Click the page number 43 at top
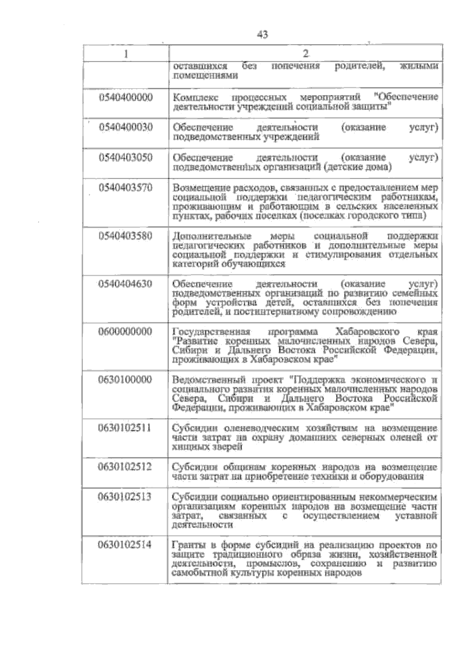(263, 35)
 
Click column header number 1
(126, 53)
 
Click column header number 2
(306, 53)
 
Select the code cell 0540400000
(126, 97)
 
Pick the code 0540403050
(126, 158)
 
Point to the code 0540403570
(126, 188)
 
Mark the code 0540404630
(126, 284)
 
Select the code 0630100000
(126, 380)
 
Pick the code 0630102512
(126, 467)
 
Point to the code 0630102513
(126, 497)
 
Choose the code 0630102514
(126, 545)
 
